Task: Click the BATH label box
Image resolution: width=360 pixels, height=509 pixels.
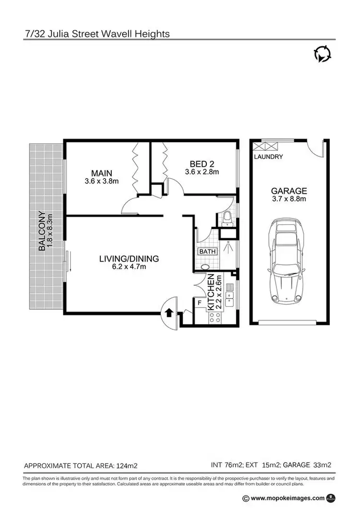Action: [x=207, y=251]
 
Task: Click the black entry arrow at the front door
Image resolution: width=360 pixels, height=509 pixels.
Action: [x=168, y=313]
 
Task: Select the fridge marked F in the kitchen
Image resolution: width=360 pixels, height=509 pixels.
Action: [x=200, y=303]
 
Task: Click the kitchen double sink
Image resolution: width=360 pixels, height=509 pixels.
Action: [x=229, y=300]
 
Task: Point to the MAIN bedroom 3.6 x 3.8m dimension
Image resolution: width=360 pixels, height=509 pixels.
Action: [x=101, y=182]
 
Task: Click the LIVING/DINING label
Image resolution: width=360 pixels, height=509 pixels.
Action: [x=129, y=259]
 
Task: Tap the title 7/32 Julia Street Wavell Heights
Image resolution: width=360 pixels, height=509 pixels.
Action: [x=97, y=34]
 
